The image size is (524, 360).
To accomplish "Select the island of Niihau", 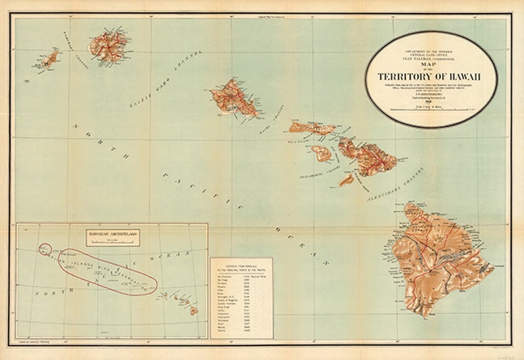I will [x=49, y=59].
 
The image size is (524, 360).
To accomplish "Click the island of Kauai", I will [x=108, y=45].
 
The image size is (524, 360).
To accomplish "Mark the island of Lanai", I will [x=321, y=154].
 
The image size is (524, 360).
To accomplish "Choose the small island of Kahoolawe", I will [x=346, y=179].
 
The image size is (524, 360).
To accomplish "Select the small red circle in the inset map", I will [x=45, y=249].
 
